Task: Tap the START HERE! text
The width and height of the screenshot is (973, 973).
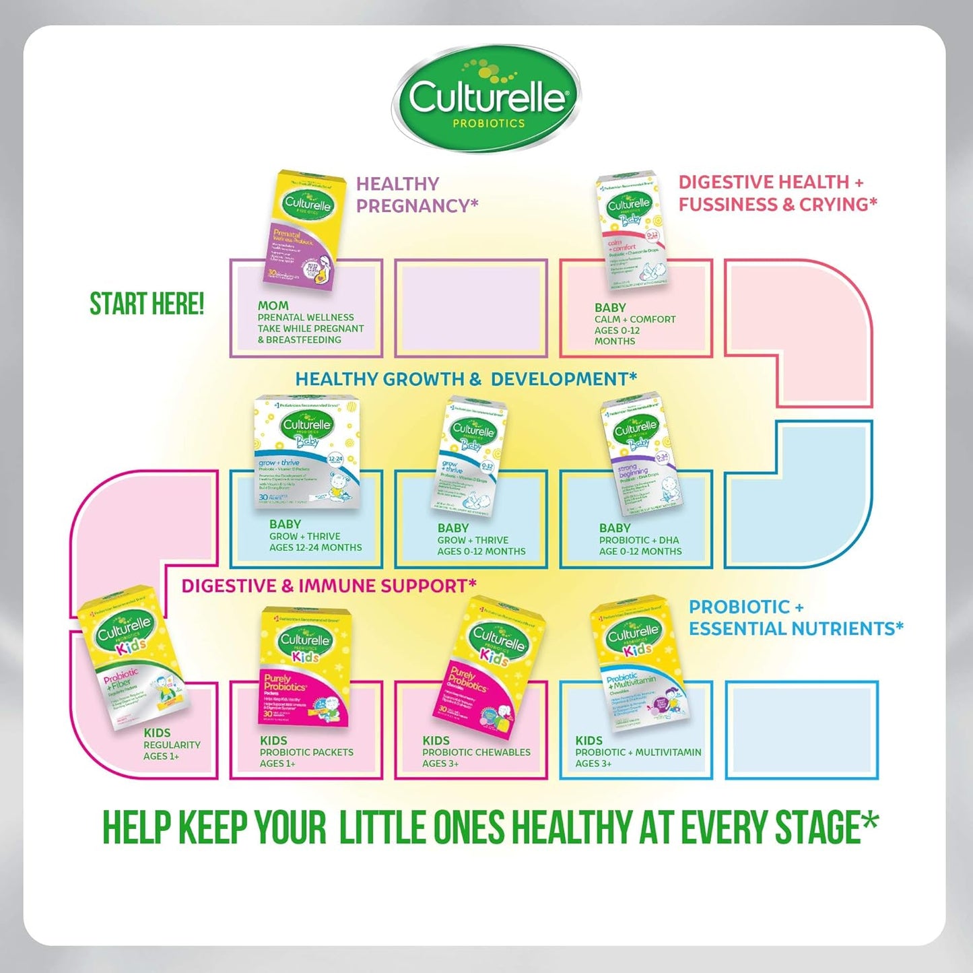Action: pyautogui.click(x=147, y=304)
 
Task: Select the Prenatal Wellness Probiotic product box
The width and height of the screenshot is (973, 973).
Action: pyautogui.click(x=304, y=229)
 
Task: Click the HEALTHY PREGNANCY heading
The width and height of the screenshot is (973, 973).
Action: pyautogui.click(x=416, y=195)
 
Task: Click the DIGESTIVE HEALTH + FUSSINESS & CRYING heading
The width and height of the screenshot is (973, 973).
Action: pyautogui.click(x=777, y=193)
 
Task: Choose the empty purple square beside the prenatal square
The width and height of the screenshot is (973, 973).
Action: pyautogui.click(x=471, y=308)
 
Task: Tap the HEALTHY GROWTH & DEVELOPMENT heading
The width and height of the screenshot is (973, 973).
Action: pyautogui.click(x=466, y=379)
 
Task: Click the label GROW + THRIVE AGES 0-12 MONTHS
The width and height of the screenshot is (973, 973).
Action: pyautogui.click(x=481, y=545)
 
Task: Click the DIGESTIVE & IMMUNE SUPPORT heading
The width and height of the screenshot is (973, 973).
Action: pyautogui.click(x=329, y=586)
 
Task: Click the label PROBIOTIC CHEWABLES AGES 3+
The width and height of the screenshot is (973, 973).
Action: pyautogui.click(x=475, y=757)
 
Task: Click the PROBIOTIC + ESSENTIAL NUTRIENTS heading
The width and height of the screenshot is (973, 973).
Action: pyautogui.click(x=795, y=617)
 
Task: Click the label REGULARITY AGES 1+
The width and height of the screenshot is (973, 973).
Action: pyautogui.click(x=171, y=750)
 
